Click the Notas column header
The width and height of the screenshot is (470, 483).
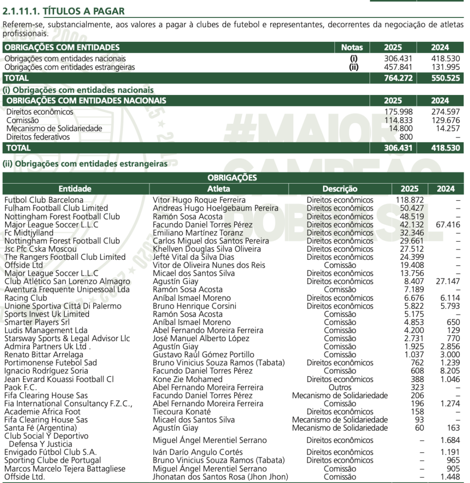tap(352, 47)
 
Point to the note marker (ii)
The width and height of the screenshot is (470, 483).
tap(353, 67)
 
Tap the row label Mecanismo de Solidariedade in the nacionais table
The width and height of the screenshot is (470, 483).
tap(54, 129)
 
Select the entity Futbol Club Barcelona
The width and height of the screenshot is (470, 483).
tap(44, 200)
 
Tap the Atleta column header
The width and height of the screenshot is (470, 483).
tap(219, 189)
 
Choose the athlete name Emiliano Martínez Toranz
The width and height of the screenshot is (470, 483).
tap(198, 233)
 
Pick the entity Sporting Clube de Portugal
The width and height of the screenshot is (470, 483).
tap(53, 461)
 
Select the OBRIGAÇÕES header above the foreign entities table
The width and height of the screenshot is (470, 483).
tap(232, 178)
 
